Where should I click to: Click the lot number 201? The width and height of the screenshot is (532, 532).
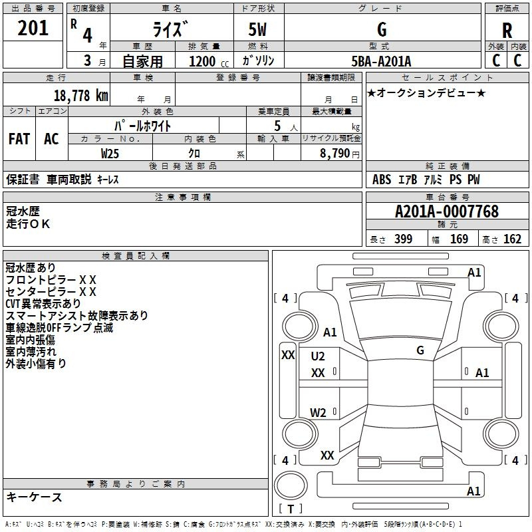[33, 28]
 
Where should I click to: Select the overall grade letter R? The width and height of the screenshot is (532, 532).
[507, 31]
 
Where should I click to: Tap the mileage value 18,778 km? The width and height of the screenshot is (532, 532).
[80, 96]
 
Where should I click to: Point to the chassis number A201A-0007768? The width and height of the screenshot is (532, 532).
[447, 211]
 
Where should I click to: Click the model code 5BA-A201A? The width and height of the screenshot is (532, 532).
[381, 61]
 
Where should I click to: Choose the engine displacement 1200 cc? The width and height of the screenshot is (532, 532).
[209, 62]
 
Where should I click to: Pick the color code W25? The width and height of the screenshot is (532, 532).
[110, 154]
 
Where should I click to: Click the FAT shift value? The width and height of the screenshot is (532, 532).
[19, 139]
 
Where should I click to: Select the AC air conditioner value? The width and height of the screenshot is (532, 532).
[52, 139]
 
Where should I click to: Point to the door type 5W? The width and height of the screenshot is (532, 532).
[257, 29]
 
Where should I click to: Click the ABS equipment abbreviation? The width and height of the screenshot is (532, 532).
[382, 180]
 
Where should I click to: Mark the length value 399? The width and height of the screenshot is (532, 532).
[403, 239]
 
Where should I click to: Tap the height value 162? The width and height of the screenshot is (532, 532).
[512, 239]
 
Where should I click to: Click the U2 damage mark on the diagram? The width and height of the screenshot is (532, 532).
[318, 356]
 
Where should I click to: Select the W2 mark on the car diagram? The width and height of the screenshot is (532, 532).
[318, 412]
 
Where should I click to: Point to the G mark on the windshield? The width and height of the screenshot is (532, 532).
[420, 350]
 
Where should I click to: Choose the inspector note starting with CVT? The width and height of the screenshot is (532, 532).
[43, 303]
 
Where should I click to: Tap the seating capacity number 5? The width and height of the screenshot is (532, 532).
[277, 126]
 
